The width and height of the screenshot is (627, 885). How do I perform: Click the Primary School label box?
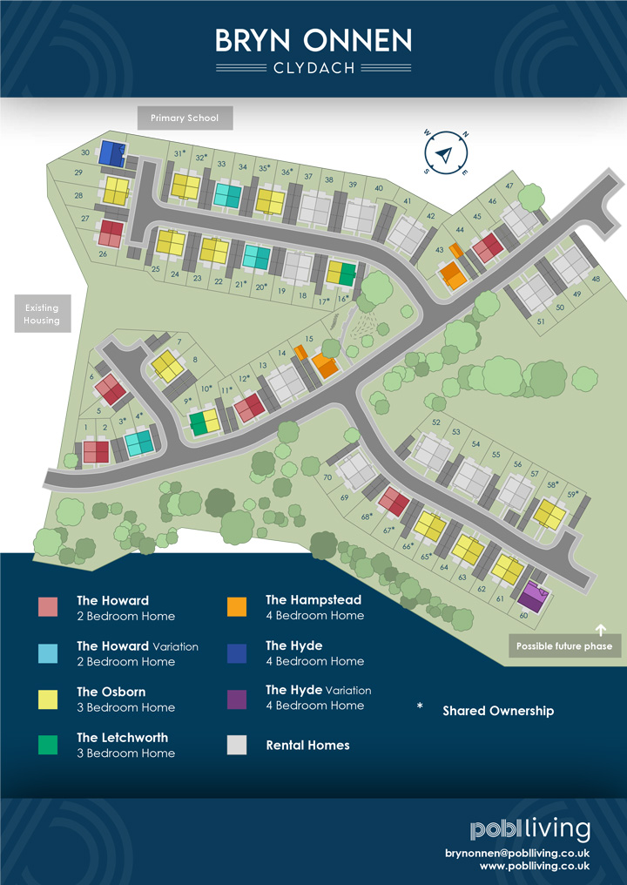[x=185, y=118]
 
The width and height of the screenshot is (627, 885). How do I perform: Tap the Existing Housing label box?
[x=42, y=314]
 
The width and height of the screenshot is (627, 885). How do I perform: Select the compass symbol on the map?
[x=446, y=154]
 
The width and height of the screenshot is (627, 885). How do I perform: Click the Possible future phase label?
[x=564, y=646]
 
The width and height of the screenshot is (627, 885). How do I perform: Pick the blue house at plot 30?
[x=111, y=153]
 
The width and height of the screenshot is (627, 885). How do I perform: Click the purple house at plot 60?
[x=531, y=598]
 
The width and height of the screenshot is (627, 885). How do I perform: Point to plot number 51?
[x=541, y=321]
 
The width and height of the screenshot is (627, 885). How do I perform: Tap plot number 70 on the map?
[x=327, y=477]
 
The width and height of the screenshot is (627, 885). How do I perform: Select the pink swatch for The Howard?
[x=48, y=607]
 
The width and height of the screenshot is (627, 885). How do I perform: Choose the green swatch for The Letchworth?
[x=48, y=745]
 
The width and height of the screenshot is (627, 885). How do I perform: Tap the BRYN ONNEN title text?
[x=313, y=40]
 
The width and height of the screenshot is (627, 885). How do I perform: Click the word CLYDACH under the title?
[x=313, y=68]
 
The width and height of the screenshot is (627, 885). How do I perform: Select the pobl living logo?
[x=529, y=829]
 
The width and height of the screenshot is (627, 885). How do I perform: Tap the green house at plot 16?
[x=341, y=274]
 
